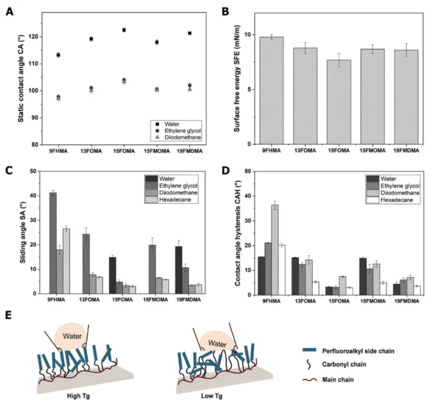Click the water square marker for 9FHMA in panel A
click(x=58, y=55)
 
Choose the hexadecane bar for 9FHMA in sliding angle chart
click(x=66, y=261)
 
